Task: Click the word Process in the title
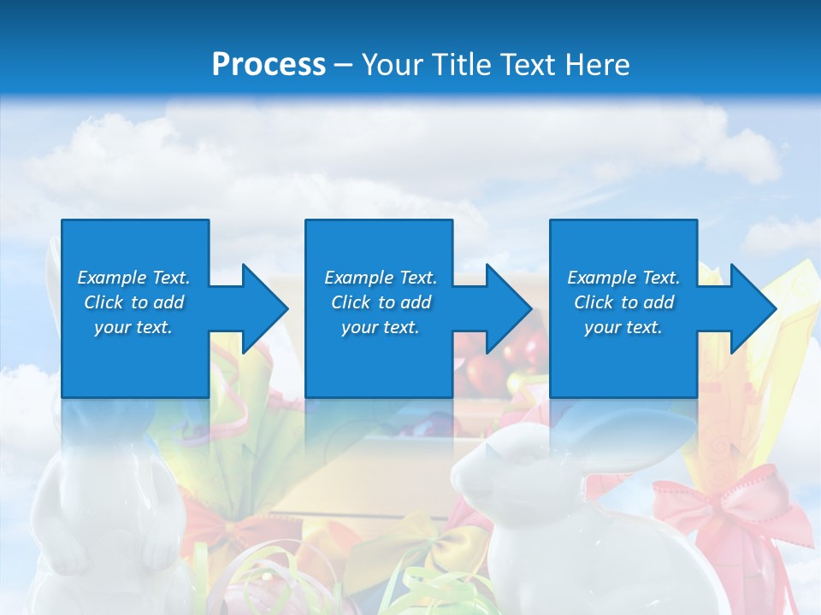click(269, 64)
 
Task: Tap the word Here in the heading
click(599, 64)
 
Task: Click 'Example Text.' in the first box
click(133, 278)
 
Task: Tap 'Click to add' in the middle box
click(381, 302)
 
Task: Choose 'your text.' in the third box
click(623, 327)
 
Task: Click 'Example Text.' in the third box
click(623, 278)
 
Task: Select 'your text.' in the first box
click(133, 327)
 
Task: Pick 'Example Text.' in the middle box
click(381, 278)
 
